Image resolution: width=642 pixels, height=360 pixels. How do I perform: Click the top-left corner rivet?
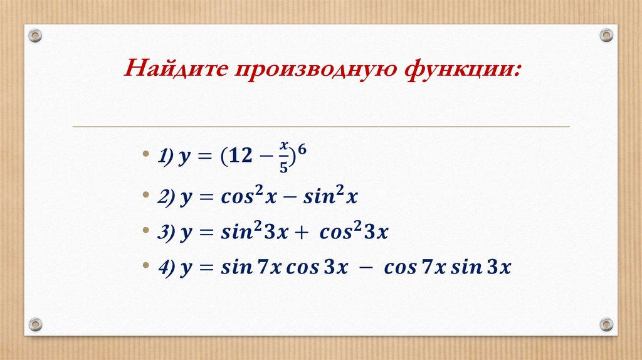(x=35, y=35)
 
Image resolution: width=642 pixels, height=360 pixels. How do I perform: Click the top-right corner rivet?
(x=606, y=35)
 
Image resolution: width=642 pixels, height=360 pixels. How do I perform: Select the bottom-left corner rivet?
(x=35, y=324)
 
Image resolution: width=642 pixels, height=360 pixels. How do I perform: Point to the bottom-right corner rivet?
(x=606, y=324)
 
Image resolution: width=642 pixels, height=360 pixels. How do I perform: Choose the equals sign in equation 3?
(x=203, y=233)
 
